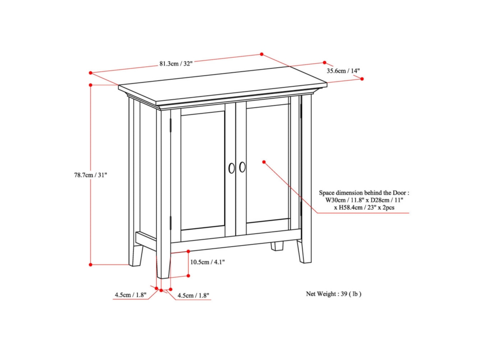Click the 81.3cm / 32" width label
176,63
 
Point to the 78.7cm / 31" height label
91,175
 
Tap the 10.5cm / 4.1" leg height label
207,262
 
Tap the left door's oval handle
232,168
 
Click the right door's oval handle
242,167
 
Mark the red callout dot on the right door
264,162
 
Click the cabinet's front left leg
164,264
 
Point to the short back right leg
276,246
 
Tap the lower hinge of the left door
171,222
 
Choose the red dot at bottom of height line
91,264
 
